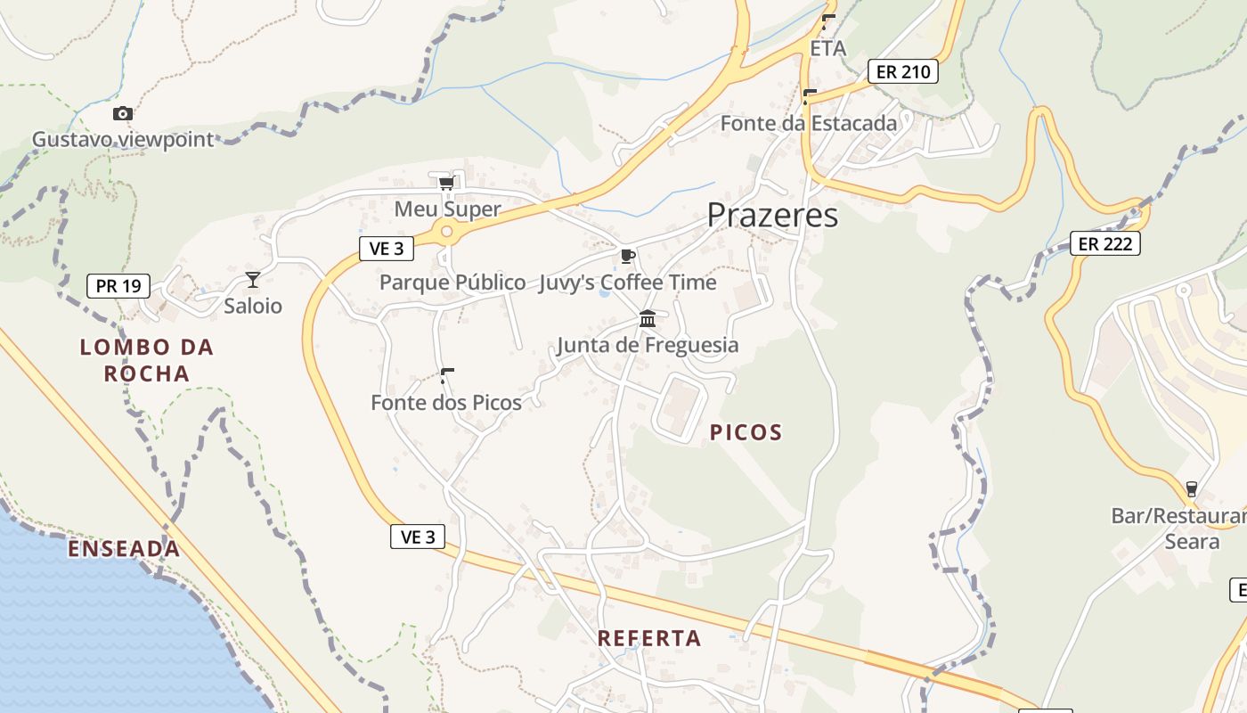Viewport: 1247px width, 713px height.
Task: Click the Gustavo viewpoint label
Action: click(x=123, y=140)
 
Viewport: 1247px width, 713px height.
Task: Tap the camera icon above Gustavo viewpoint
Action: click(x=123, y=114)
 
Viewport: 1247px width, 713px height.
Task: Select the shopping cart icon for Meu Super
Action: click(x=446, y=184)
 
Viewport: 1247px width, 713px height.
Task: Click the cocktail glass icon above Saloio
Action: click(x=253, y=280)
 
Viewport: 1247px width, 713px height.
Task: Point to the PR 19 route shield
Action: click(x=118, y=286)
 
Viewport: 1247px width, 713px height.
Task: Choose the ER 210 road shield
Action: click(x=903, y=71)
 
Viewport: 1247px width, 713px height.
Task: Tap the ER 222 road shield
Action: click(x=1104, y=243)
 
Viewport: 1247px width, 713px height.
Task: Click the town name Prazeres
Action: click(x=772, y=216)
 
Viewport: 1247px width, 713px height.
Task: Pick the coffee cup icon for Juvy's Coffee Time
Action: click(x=628, y=257)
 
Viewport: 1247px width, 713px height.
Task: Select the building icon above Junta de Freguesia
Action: click(x=648, y=319)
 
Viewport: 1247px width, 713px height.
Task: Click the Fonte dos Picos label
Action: click(x=446, y=403)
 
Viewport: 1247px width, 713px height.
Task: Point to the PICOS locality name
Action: click(x=746, y=433)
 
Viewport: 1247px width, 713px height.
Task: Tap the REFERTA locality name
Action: click(x=649, y=638)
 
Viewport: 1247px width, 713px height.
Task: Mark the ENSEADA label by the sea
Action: click(x=124, y=549)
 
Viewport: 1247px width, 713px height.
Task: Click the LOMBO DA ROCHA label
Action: click(x=147, y=360)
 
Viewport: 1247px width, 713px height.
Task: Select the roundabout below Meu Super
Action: click(x=446, y=232)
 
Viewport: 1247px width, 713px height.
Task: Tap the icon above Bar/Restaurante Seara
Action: click(x=1191, y=489)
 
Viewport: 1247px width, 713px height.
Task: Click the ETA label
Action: click(x=827, y=48)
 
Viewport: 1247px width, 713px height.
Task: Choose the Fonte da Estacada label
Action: click(x=808, y=124)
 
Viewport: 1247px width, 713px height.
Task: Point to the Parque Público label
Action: click(x=452, y=283)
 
